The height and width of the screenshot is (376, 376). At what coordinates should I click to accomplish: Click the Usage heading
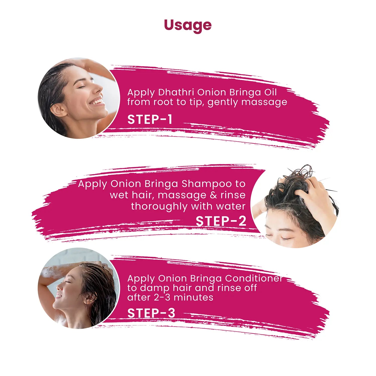[x=188, y=25]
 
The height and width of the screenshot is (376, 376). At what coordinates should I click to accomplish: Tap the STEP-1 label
[x=150, y=119]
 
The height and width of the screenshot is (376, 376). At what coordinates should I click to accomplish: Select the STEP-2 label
[x=221, y=221]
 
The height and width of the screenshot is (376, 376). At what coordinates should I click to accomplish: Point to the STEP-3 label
[x=151, y=313]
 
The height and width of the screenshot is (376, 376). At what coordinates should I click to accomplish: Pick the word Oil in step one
[x=270, y=92]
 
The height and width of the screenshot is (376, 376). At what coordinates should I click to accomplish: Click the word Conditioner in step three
[x=254, y=278]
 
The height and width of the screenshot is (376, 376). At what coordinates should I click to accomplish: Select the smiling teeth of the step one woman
[x=97, y=102]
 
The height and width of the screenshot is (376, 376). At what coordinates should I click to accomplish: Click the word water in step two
[x=231, y=206]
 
